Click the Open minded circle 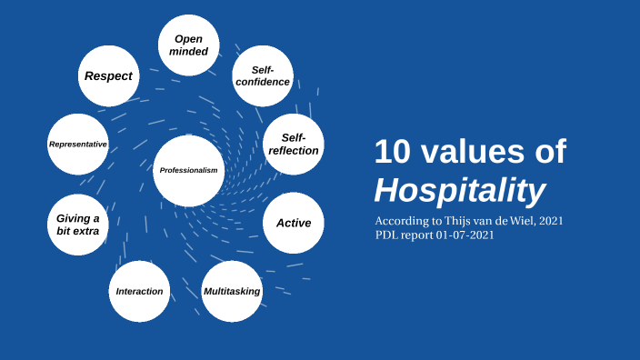tap(189, 45)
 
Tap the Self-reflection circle tap(293, 145)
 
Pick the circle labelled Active tap(293, 223)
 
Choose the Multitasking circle tap(232, 291)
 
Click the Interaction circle tap(139, 291)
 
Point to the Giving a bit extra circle tap(77, 225)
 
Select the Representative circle tap(78, 145)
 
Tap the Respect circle tap(108, 76)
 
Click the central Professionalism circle tap(188, 170)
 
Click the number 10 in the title tap(393, 152)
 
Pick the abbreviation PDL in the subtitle tap(387, 235)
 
